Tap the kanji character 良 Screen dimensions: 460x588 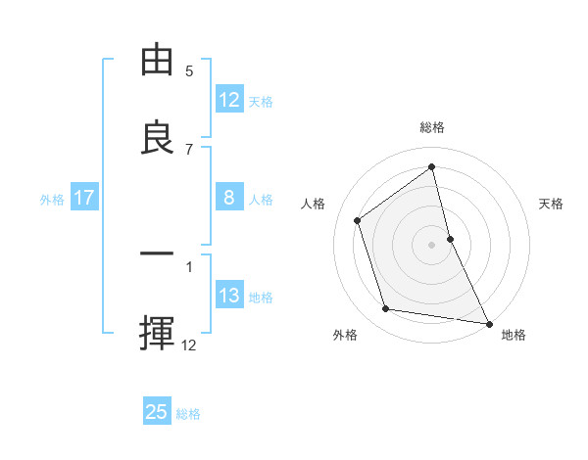(158, 138)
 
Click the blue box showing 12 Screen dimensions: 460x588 (229, 100)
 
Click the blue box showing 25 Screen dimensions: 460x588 (157, 412)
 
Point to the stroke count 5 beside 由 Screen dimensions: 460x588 (189, 71)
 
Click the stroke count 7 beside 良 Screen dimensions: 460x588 (189, 150)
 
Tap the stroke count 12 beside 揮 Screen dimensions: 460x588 (189, 345)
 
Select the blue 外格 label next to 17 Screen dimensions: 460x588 (52, 200)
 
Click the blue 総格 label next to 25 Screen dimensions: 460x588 (188, 413)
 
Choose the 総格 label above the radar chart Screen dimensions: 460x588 (432, 128)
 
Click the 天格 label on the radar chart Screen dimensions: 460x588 (552, 204)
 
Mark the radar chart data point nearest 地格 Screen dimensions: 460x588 (488, 322)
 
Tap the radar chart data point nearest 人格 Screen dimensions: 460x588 (358, 220)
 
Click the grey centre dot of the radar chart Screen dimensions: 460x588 (432, 244)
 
